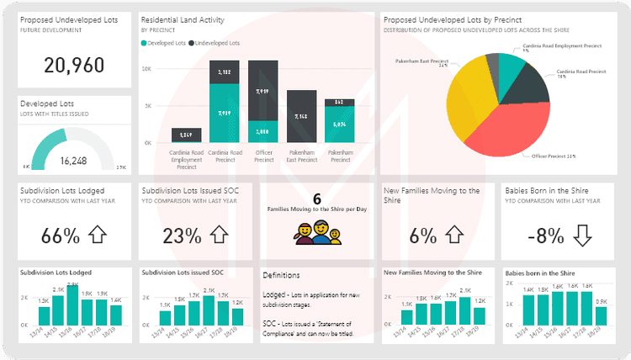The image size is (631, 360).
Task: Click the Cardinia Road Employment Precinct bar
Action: pos(186,135)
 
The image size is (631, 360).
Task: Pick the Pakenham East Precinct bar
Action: pos(301,116)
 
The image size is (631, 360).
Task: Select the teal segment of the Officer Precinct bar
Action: pos(262,131)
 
